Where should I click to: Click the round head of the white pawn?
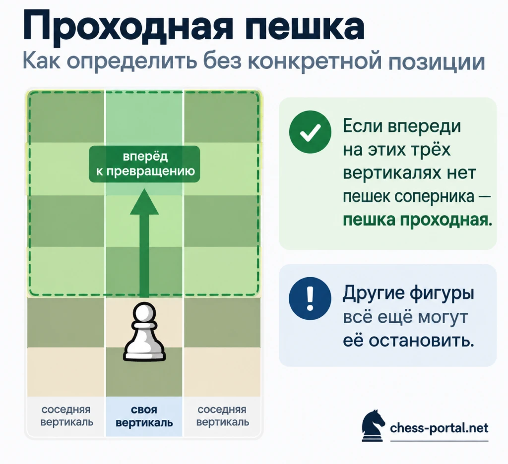pyautogui.click(x=144, y=312)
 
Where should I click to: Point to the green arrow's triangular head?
pyautogui.click(x=144, y=202)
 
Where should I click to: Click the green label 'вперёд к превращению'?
pyautogui.click(x=144, y=164)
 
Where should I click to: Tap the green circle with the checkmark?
pyautogui.click(x=310, y=132)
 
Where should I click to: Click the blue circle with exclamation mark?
pyautogui.click(x=310, y=298)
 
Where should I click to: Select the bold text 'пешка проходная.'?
pyautogui.click(x=418, y=220)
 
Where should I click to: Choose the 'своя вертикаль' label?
pyautogui.click(x=144, y=416)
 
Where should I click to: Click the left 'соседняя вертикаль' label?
pyautogui.click(x=66, y=416)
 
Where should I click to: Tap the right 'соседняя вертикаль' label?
pyautogui.click(x=223, y=416)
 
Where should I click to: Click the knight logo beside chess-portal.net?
pyautogui.click(x=373, y=425)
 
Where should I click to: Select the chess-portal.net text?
pyautogui.click(x=439, y=428)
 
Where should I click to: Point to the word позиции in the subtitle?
pyautogui.click(x=437, y=61)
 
